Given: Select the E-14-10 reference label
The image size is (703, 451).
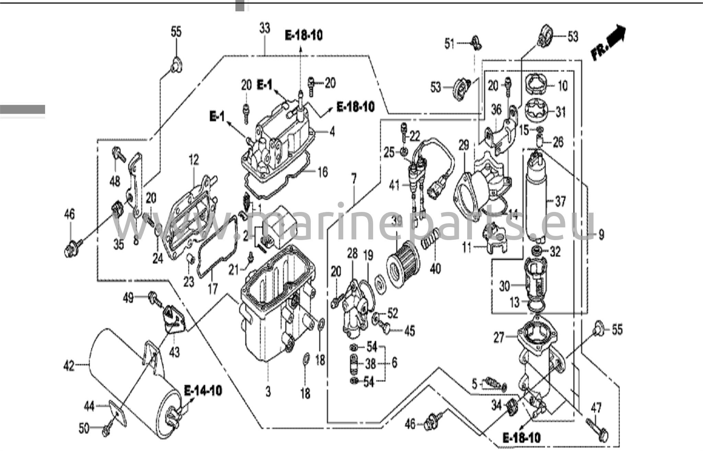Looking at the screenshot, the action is coord(203,391).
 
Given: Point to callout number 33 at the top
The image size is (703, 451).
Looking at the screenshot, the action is coord(265,28).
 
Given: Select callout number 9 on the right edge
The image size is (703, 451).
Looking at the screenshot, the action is coord(601,235).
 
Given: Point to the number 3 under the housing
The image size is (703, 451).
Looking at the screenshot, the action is coord(268,391).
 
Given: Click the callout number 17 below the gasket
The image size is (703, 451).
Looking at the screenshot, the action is coord(213,288).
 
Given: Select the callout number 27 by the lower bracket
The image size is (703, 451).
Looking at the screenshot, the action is coord(499,337).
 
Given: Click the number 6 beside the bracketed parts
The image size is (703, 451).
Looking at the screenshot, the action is coord(394,363).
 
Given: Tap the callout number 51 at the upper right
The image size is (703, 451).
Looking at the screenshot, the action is coord(450,44).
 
